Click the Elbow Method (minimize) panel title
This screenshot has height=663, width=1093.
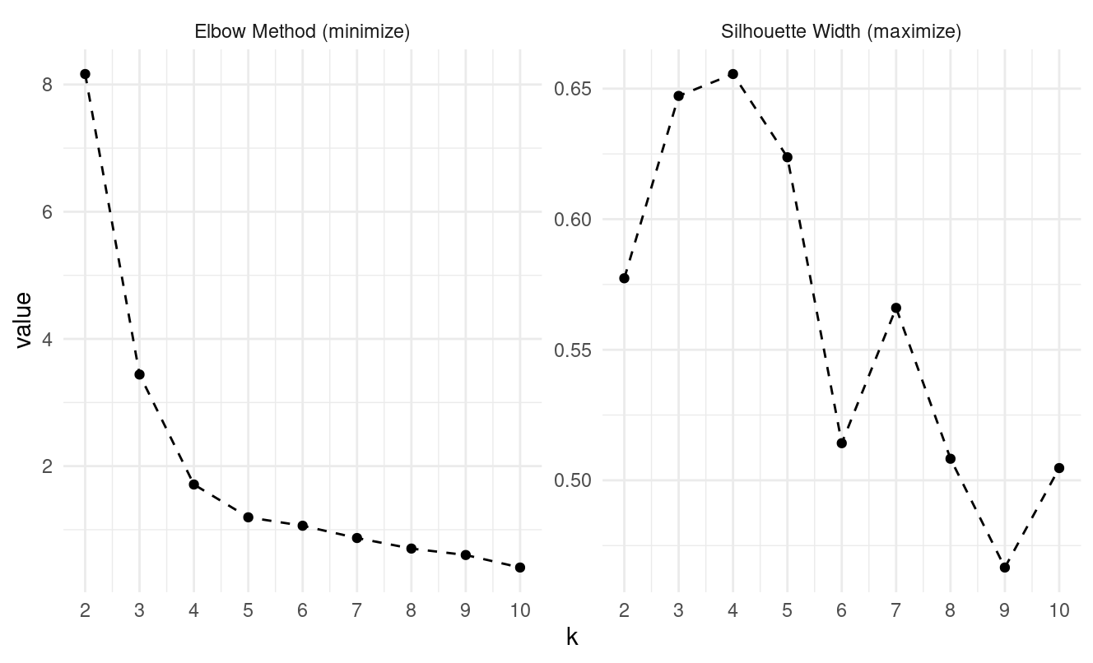pos(302,32)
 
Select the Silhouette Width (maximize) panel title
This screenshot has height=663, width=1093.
pos(841,32)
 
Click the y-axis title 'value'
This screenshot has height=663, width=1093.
pos(24,320)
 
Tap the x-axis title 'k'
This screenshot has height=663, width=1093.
pos(572,637)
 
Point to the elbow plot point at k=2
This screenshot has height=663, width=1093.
pos(85,74)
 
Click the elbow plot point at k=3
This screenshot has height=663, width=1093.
pos(139,374)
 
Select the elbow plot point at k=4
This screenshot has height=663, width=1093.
pos(194,484)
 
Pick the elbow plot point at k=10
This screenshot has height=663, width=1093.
pos(520,568)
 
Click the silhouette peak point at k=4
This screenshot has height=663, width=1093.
pos(733,74)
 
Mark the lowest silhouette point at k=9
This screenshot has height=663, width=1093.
pos(1004,568)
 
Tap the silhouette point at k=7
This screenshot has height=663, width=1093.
pos(895,308)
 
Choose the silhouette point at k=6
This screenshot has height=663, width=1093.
pos(841,443)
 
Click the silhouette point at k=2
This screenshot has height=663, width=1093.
pos(624,278)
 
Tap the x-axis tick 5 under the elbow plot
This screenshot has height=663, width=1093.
pos(248,610)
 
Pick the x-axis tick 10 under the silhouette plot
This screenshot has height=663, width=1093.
pos(1058,610)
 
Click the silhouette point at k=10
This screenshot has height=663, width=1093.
pos(1058,468)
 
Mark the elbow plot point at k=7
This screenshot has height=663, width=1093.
pos(357,538)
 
